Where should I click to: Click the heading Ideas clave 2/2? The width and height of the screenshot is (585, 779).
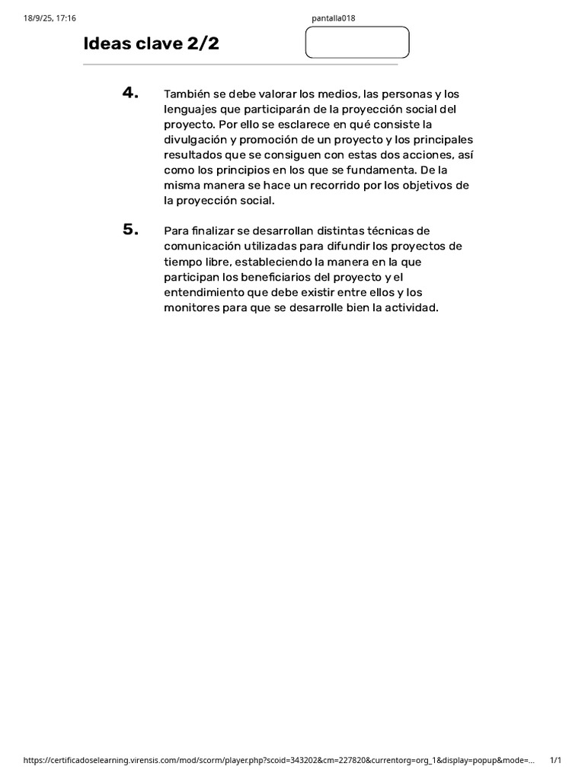pyautogui.click(x=151, y=44)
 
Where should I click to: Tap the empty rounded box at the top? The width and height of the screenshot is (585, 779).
pyautogui.click(x=356, y=43)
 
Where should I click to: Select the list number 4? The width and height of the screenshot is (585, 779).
pyautogui.click(x=130, y=93)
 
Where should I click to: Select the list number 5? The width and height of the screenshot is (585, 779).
pyautogui.click(x=130, y=230)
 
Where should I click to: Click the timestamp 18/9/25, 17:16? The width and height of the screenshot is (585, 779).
pyautogui.click(x=45, y=18)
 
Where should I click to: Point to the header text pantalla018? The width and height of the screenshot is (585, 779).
pyautogui.click(x=334, y=18)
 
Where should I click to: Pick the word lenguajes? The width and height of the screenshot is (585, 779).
pyautogui.click(x=190, y=110)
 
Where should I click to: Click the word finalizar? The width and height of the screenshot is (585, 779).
pyautogui.click(x=212, y=231)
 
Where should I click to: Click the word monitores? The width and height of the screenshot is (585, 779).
pyautogui.click(x=190, y=307)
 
